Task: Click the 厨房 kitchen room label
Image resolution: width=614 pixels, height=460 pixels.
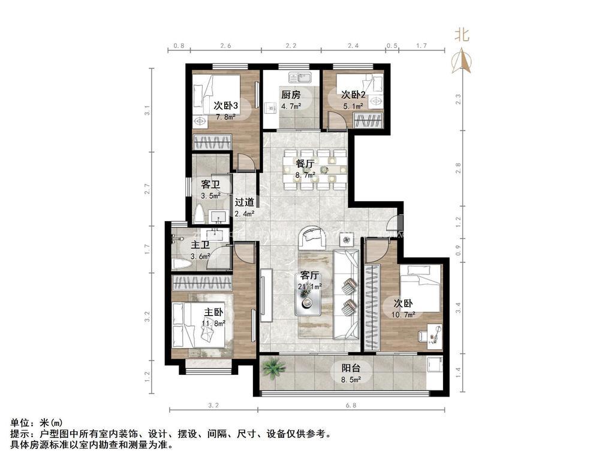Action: coord(291,95)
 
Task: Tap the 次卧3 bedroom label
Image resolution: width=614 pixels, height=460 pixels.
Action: coord(226,105)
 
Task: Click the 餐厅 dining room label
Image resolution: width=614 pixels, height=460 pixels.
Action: coord(305,164)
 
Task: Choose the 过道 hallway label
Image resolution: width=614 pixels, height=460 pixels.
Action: coord(244,202)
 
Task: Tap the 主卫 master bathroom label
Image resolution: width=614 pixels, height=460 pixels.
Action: coord(200,246)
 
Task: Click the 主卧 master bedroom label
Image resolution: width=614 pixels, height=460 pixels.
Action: coord(213,312)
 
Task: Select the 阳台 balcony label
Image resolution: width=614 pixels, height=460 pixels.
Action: coord(344,369)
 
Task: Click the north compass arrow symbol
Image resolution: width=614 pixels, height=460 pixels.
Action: coord(462,60)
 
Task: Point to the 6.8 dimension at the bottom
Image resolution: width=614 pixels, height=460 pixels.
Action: coord(351,405)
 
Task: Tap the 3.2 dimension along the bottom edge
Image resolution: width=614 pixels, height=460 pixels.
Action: coord(213,405)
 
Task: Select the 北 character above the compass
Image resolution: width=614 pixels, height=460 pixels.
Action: coord(462,35)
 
